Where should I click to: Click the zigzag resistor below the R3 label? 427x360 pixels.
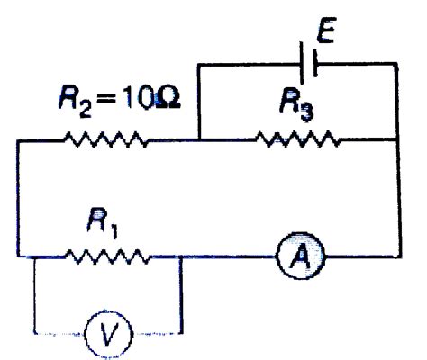pyautogui.click(x=297, y=139)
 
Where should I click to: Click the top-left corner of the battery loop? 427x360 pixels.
pyautogui.click(x=199, y=64)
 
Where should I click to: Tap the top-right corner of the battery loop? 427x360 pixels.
pyautogui.click(x=396, y=64)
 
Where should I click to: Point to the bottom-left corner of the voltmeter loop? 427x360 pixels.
pyautogui.click(x=35, y=334)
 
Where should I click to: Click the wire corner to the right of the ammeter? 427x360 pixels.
pyautogui.click(x=396, y=256)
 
